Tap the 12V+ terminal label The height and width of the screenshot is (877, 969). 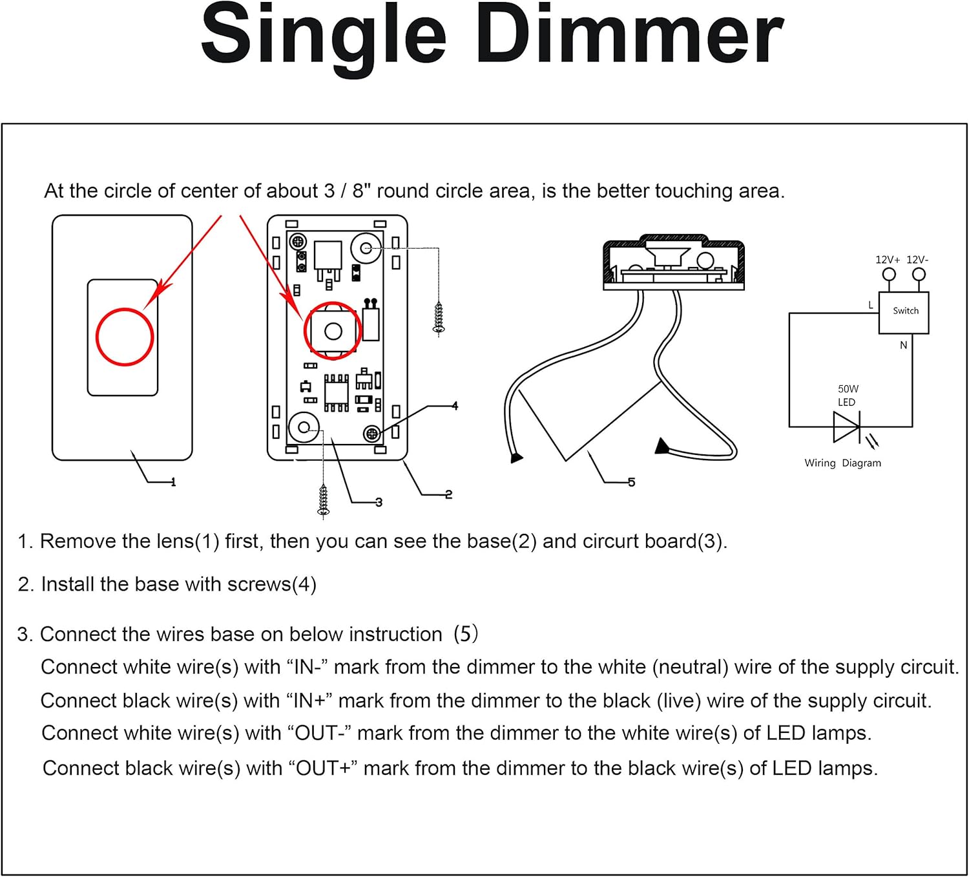[887, 260]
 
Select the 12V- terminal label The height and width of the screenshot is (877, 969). [917, 260]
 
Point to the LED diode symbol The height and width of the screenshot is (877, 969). [846, 427]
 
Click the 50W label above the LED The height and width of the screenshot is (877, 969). [848, 389]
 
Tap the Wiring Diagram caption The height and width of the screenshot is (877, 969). [842, 463]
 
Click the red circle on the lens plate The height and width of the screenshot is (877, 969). [125, 337]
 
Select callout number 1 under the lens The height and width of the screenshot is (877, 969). [173, 482]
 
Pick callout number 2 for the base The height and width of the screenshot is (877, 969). [448, 495]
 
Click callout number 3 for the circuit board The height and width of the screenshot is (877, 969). [379, 502]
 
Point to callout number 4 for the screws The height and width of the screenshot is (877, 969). [455, 406]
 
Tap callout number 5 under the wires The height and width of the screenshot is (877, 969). [631, 482]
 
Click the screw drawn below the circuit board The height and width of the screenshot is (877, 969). [324, 502]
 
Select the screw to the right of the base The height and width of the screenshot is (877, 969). [439, 319]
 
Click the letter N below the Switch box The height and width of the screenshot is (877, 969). [903, 345]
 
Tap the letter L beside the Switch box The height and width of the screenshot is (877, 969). [871, 305]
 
